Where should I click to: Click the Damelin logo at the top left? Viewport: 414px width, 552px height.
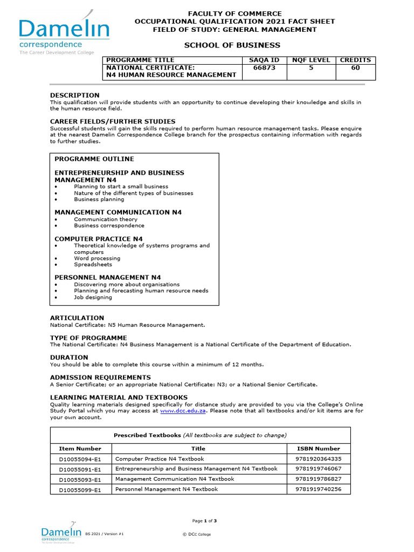click(x=64, y=33)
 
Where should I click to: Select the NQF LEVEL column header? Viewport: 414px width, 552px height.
click(x=310, y=60)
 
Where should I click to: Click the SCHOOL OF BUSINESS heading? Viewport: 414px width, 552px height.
click(x=232, y=45)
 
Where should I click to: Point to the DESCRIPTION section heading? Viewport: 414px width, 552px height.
click(x=75, y=95)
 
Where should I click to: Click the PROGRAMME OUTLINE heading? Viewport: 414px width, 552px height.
click(x=94, y=159)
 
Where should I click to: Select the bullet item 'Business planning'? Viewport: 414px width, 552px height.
click(x=99, y=199)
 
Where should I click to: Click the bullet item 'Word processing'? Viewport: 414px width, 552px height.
click(x=96, y=258)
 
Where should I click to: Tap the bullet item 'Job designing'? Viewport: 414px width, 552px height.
click(x=93, y=297)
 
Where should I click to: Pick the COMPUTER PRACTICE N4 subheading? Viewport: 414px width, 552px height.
click(x=99, y=239)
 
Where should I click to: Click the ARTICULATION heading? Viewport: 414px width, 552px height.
click(x=77, y=318)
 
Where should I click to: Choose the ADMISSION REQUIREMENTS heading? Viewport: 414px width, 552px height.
click(x=100, y=377)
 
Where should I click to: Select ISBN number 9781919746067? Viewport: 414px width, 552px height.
click(x=319, y=469)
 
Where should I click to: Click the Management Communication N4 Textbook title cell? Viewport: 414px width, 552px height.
click(x=175, y=479)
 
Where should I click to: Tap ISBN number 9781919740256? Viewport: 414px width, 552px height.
click(x=319, y=489)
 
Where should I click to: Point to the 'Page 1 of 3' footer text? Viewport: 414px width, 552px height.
click(x=204, y=521)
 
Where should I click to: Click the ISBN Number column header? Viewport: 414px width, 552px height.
click(x=319, y=448)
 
